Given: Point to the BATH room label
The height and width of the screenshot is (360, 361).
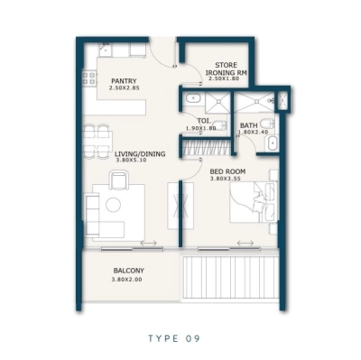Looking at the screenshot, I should tap(249, 126).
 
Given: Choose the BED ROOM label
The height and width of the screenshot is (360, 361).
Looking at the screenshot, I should tap(227, 171).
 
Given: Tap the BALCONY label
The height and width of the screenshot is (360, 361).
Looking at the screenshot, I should tap(129, 271).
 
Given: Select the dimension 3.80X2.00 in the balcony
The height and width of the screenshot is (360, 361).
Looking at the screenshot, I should tap(129, 281).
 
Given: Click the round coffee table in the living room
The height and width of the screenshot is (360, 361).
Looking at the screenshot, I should tap(114, 204).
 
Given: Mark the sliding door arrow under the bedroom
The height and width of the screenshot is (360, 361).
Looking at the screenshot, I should tap(245, 243).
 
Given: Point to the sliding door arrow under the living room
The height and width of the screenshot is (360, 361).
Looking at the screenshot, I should tap(147, 243).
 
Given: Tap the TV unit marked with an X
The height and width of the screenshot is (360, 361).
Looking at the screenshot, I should tap(176, 208).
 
